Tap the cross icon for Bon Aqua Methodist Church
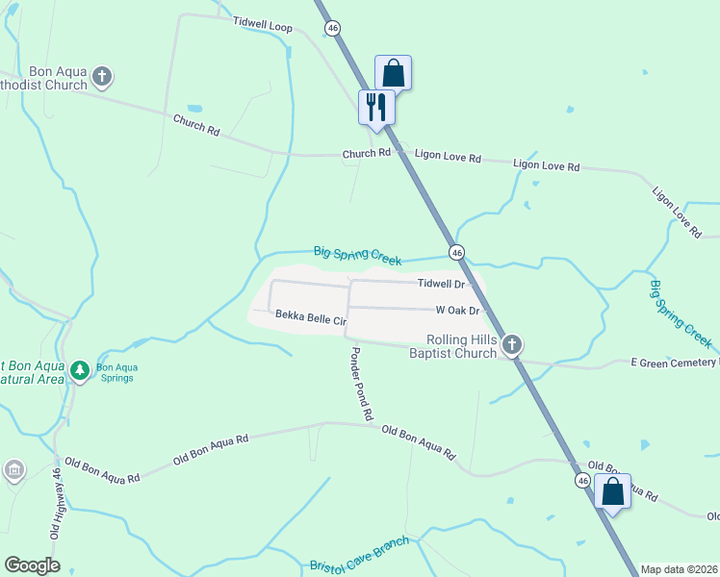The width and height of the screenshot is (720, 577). (x=103, y=75)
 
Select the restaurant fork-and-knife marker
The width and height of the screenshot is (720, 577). (x=376, y=106)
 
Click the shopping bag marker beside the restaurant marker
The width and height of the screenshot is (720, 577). (x=393, y=72)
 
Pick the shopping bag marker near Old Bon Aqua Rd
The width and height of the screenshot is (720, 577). (x=612, y=491)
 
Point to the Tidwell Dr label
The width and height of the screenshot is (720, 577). (x=441, y=285)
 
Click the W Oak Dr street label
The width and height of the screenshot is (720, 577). (x=457, y=311)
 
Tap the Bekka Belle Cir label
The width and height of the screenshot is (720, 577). (x=310, y=315)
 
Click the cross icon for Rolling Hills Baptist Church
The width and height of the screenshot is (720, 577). (x=512, y=344)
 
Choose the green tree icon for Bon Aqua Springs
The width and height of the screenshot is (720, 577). (x=81, y=369)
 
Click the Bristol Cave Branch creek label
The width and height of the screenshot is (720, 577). (x=359, y=557)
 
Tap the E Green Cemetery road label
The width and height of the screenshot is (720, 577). (x=674, y=363)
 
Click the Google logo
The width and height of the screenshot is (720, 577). (x=33, y=565)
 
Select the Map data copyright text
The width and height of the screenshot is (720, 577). (x=678, y=569)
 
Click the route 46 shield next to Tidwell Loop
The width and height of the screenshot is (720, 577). (x=333, y=29)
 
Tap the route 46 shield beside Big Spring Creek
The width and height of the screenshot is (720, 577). (x=457, y=252)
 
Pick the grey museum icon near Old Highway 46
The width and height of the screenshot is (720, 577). (x=14, y=470)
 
